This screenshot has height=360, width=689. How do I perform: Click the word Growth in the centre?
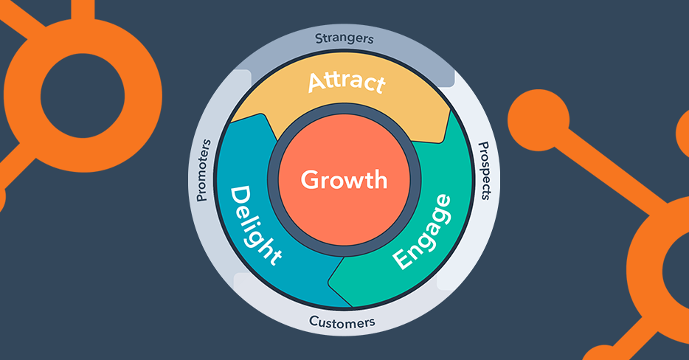[344, 179]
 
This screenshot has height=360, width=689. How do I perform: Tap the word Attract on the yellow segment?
[345, 82]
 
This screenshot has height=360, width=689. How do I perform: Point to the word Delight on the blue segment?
[255, 225]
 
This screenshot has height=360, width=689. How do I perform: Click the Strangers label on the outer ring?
[344, 38]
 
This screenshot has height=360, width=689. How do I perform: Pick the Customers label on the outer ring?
[342, 322]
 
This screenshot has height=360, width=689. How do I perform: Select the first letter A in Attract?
[316, 82]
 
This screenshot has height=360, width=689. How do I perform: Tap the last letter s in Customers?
[372, 322]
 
